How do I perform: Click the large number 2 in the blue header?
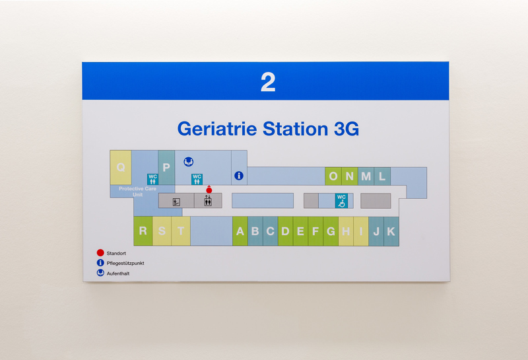[267, 82]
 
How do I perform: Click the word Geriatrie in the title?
[218, 128]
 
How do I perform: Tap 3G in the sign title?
[343, 128]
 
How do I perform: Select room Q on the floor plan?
[121, 168]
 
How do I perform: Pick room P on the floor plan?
[166, 168]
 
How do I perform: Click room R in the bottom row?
[143, 231]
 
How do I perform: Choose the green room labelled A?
[240, 231]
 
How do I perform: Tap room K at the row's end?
[391, 231]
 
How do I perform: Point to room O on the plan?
[333, 176]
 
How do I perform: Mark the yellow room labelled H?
[346, 231]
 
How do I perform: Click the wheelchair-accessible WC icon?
[341, 201]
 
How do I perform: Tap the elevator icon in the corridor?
[208, 201]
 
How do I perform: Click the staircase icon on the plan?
[176, 201]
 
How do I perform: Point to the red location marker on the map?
[209, 190]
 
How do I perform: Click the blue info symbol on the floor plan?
[239, 176]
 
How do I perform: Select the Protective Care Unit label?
[137, 192]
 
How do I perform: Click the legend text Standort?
[116, 253]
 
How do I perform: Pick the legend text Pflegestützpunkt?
[125, 263]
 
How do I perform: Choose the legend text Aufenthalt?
[118, 273]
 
